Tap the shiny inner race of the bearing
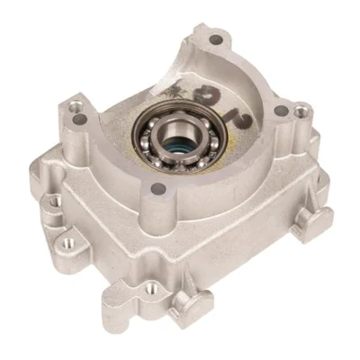(174, 135)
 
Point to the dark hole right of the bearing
(281, 112)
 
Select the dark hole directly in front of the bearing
(159, 188)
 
